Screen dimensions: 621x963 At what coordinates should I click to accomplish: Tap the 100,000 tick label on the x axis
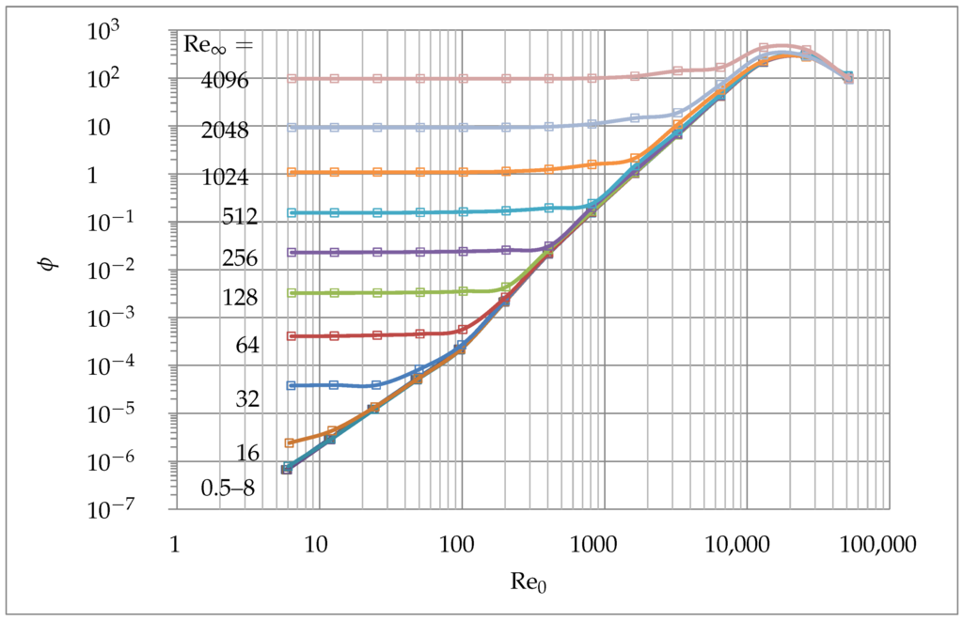coord(877,544)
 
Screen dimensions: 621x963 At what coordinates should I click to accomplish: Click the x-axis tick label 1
coord(175,544)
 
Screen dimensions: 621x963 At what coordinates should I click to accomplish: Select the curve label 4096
coord(224,81)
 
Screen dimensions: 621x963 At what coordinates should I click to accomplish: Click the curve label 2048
coord(224,131)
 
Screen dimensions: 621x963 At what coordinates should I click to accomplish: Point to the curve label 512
coord(239,218)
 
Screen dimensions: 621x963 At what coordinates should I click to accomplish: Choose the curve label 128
coord(239,298)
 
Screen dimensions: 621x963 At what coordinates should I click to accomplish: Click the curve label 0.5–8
coord(227,488)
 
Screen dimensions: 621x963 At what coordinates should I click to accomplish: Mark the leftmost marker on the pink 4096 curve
coord(292,79)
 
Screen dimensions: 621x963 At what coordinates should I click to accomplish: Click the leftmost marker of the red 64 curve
coord(292,336)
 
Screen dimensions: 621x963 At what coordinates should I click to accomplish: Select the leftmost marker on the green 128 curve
coord(292,293)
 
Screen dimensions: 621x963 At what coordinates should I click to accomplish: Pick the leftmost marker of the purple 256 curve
coord(292,252)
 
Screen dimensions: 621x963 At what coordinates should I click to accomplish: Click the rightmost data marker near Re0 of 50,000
coord(848,77)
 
